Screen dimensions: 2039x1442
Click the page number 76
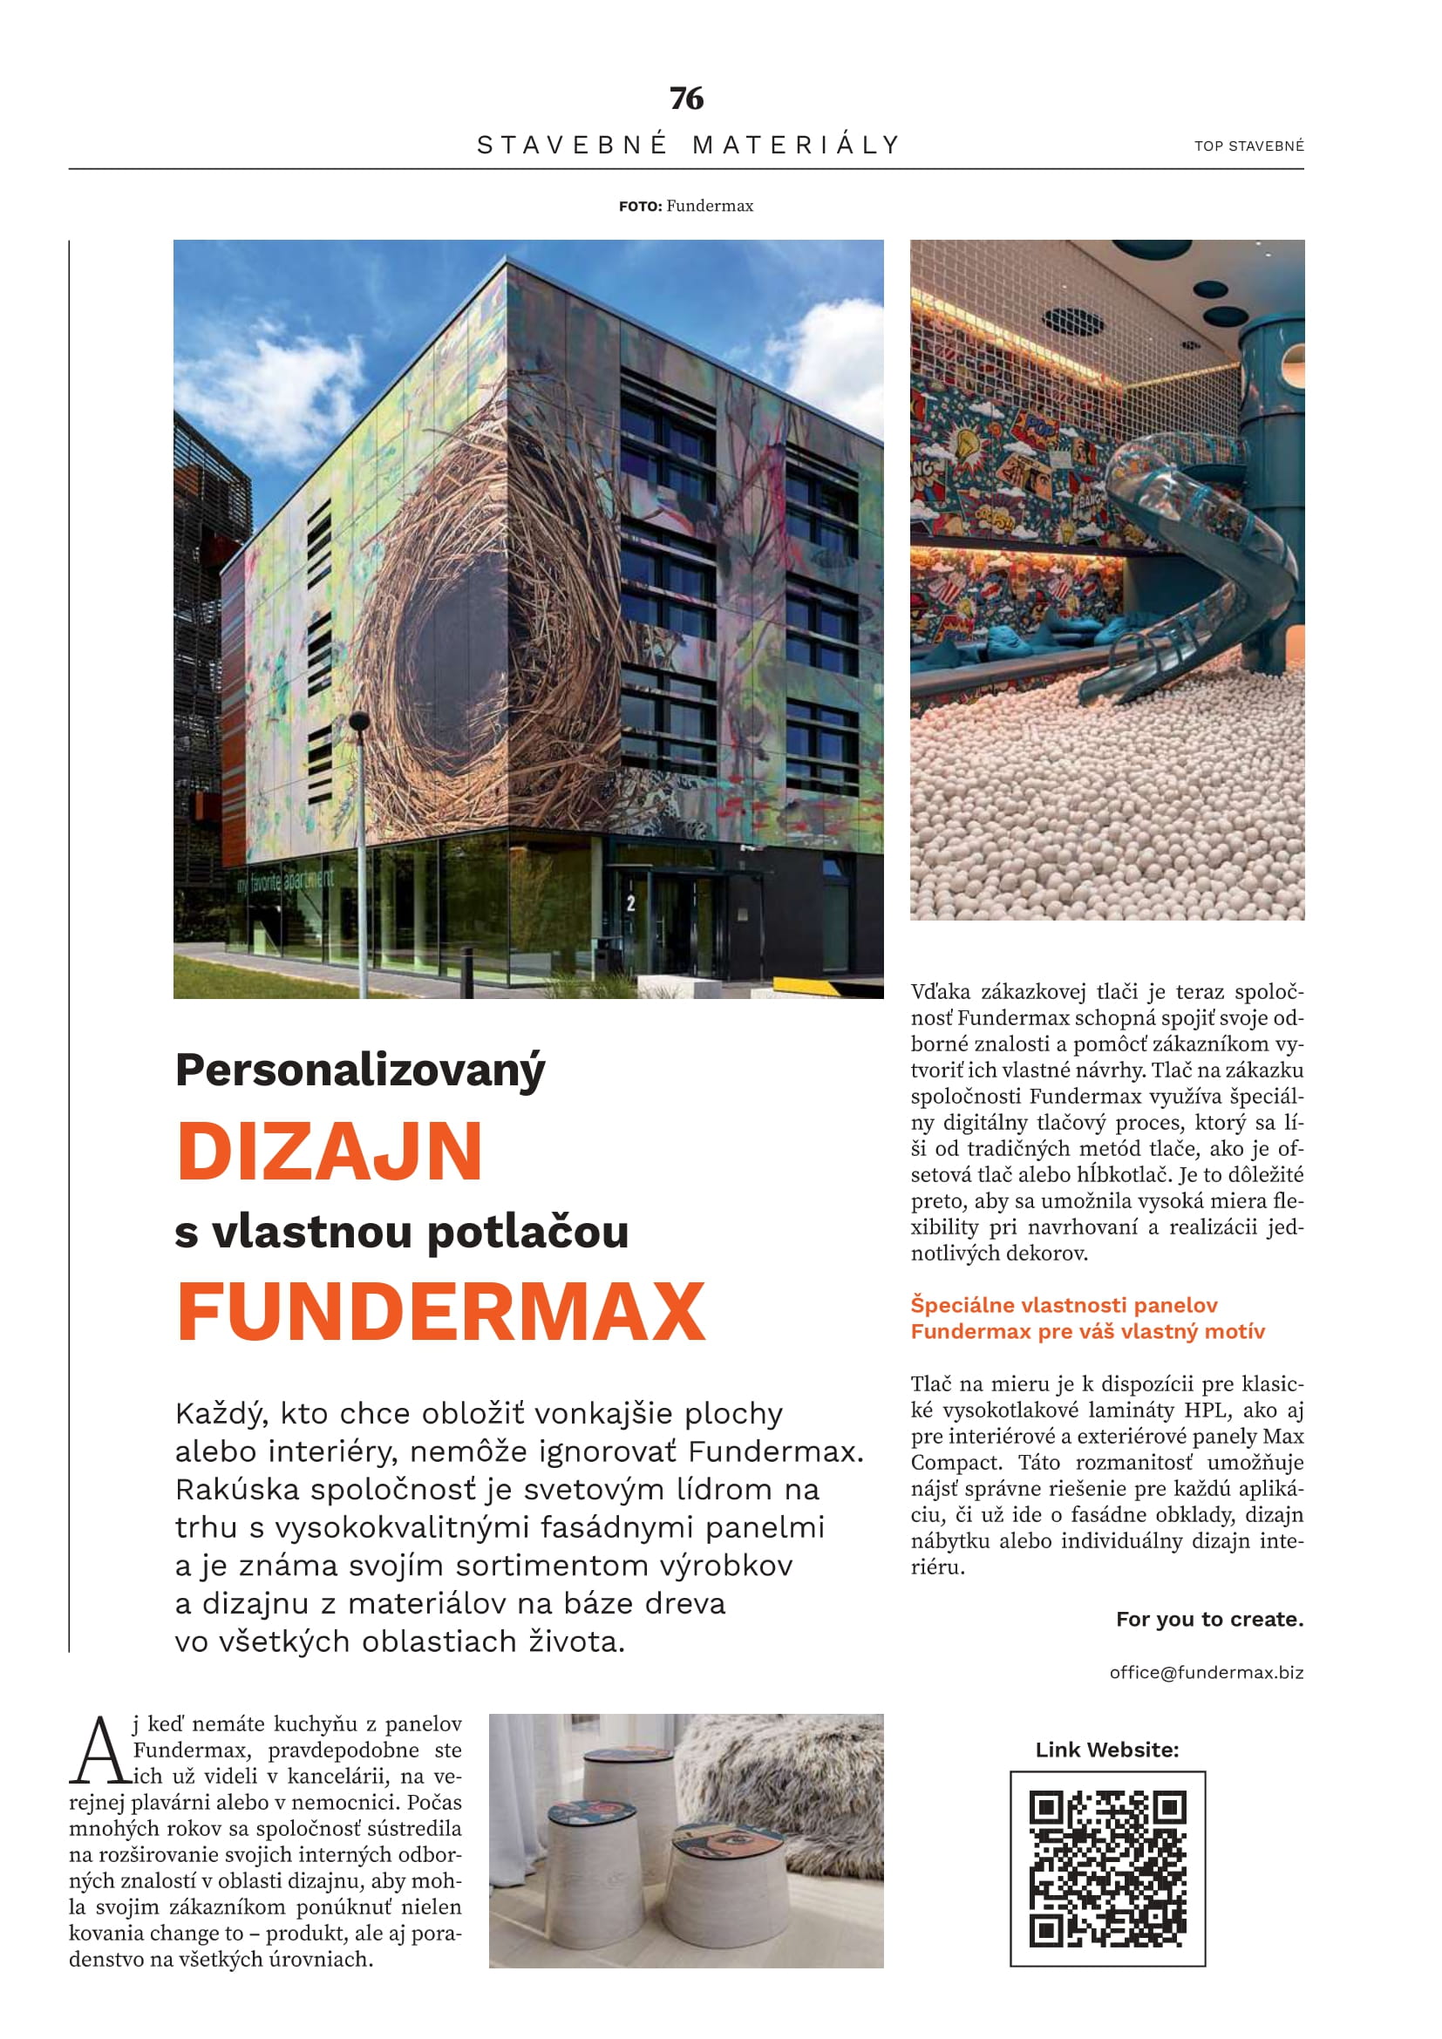point(686,98)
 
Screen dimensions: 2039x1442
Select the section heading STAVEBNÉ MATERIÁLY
point(689,145)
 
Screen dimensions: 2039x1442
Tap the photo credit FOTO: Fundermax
point(686,206)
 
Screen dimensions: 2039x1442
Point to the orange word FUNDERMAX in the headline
point(441,1312)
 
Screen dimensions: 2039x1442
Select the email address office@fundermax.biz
point(1206,1672)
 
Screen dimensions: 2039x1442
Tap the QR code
point(1107,1868)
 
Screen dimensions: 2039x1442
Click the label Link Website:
point(1106,1750)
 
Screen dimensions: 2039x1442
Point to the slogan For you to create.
point(1209,1619)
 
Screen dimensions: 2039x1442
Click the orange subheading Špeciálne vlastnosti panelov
point(1064,1305)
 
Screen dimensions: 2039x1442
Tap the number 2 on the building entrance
point(630,904)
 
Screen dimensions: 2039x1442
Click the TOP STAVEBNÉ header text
point(1248,146)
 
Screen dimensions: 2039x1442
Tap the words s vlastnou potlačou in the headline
point(401,1233)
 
